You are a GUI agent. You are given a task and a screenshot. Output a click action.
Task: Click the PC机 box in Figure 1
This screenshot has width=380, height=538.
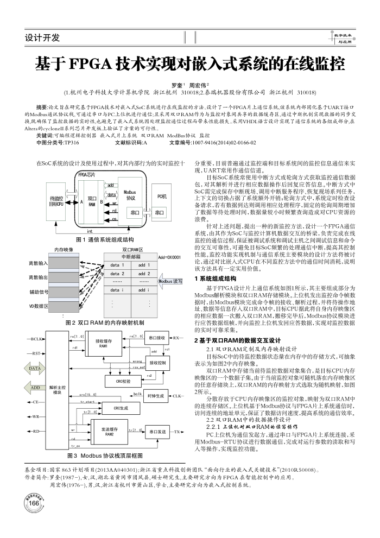[x=161, y=196]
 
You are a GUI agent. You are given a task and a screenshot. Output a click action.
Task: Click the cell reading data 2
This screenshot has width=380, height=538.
[x=118, y=273]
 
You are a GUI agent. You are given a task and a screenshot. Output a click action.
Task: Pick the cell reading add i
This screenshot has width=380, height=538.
[x=144, y=290]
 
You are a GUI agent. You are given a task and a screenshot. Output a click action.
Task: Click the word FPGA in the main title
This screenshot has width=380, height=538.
[x=90, y=64]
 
